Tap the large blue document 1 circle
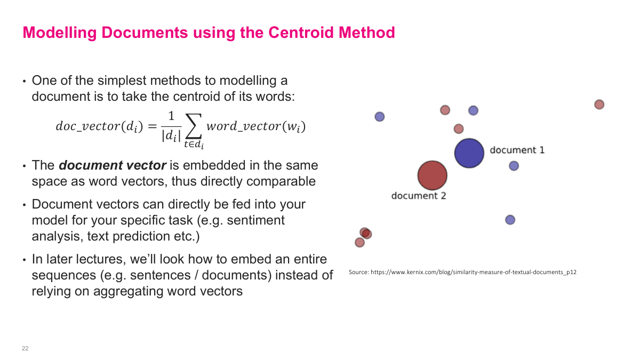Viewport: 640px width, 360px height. click(469, 153)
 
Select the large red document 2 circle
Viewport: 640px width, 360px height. click(432, 175)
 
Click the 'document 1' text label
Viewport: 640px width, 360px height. click(517, 150)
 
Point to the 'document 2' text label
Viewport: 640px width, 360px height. click(418, 196)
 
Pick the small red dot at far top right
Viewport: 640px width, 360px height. click(599, 105)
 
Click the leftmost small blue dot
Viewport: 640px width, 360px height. click(380, 116)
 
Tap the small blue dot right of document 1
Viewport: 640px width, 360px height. click(514, 166)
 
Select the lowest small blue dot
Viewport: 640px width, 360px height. click(510, 220)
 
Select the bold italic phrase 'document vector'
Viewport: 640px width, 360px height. click(113, 165)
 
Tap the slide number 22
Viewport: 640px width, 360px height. click(25, 348)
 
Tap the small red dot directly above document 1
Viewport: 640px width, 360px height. click(459, 129)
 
